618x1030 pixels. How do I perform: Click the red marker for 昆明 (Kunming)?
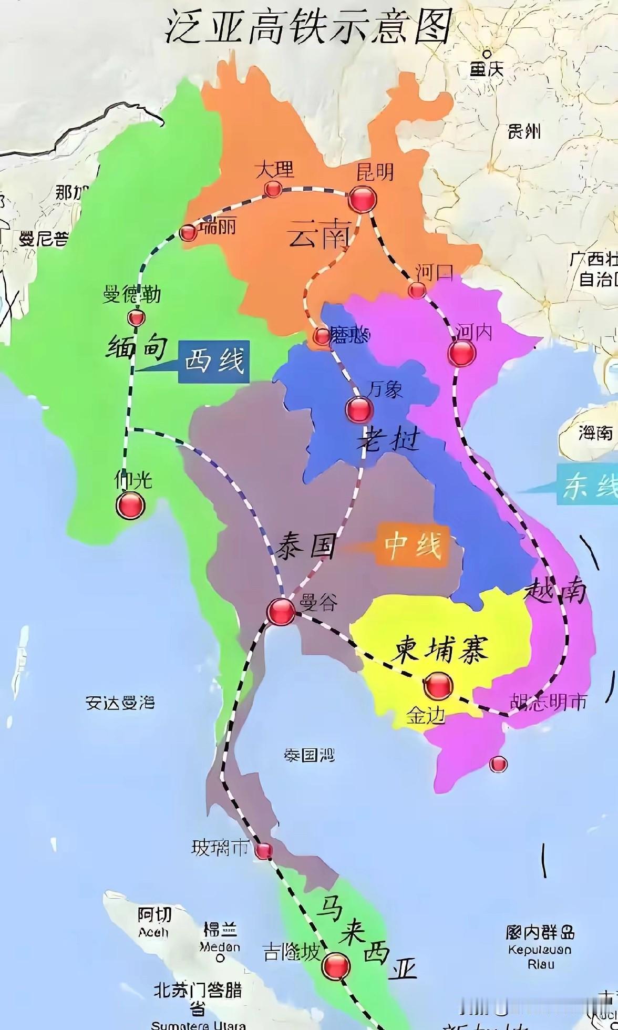362,199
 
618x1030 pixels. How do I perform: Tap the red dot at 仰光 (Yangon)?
130,505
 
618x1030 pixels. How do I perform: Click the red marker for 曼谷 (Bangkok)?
281,611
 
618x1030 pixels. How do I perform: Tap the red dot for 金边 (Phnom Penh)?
438,685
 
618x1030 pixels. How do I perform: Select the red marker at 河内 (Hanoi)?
461,353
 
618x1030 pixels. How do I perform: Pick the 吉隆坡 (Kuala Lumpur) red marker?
336,965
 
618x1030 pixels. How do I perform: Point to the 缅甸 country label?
138,346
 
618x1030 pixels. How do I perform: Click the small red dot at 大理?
272,188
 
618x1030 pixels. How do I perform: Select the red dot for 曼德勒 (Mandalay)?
136,317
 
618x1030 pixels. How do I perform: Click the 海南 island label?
595,432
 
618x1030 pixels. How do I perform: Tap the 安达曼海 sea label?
120,703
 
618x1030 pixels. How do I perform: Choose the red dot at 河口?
417,290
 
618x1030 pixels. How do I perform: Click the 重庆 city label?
487,68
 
